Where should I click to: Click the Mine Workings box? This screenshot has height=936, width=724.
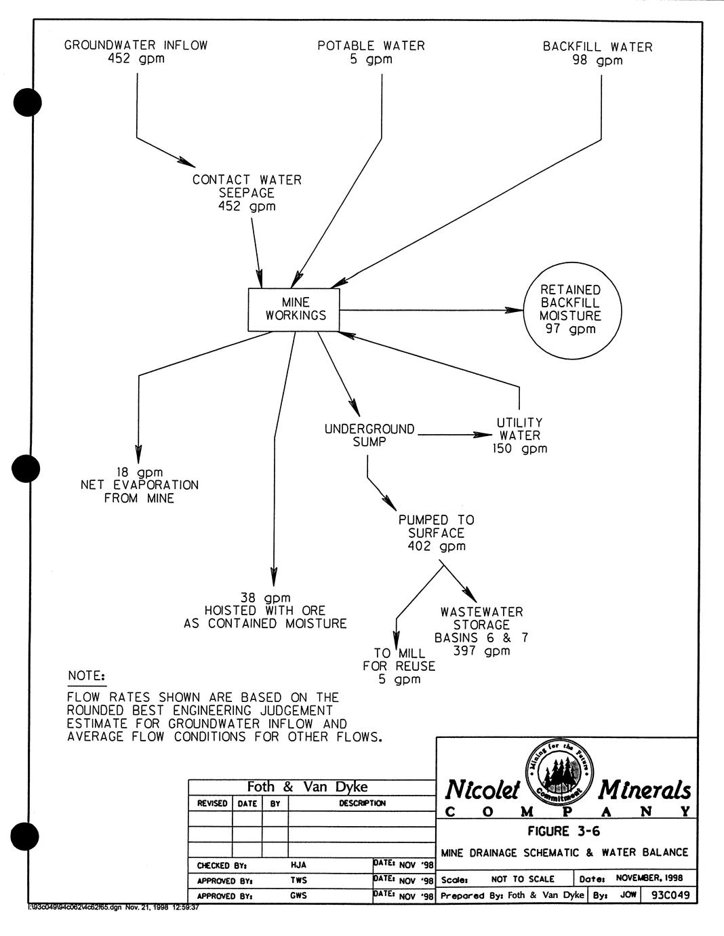[294, 310]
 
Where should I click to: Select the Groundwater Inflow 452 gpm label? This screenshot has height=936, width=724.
[136, 52]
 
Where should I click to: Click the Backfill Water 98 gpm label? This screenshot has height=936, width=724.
[597, 54]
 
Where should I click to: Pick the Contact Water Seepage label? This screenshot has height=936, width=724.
[247, 193]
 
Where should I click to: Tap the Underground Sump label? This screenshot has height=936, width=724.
[369, 435]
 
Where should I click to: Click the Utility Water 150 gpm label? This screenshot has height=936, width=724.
[519, 435]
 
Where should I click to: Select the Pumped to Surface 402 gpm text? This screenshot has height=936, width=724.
[436, 533]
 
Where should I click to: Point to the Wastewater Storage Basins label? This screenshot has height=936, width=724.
[481, 631]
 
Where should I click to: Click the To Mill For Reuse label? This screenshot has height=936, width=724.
[399, 666]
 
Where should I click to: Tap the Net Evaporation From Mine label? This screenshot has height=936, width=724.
[140, 485]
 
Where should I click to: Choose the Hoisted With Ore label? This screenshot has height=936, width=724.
[265, 610]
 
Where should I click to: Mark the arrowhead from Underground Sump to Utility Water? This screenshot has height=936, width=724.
[483, 435]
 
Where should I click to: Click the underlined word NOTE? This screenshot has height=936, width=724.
[86, 676]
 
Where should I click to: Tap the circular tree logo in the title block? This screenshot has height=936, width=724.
[559, 770]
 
